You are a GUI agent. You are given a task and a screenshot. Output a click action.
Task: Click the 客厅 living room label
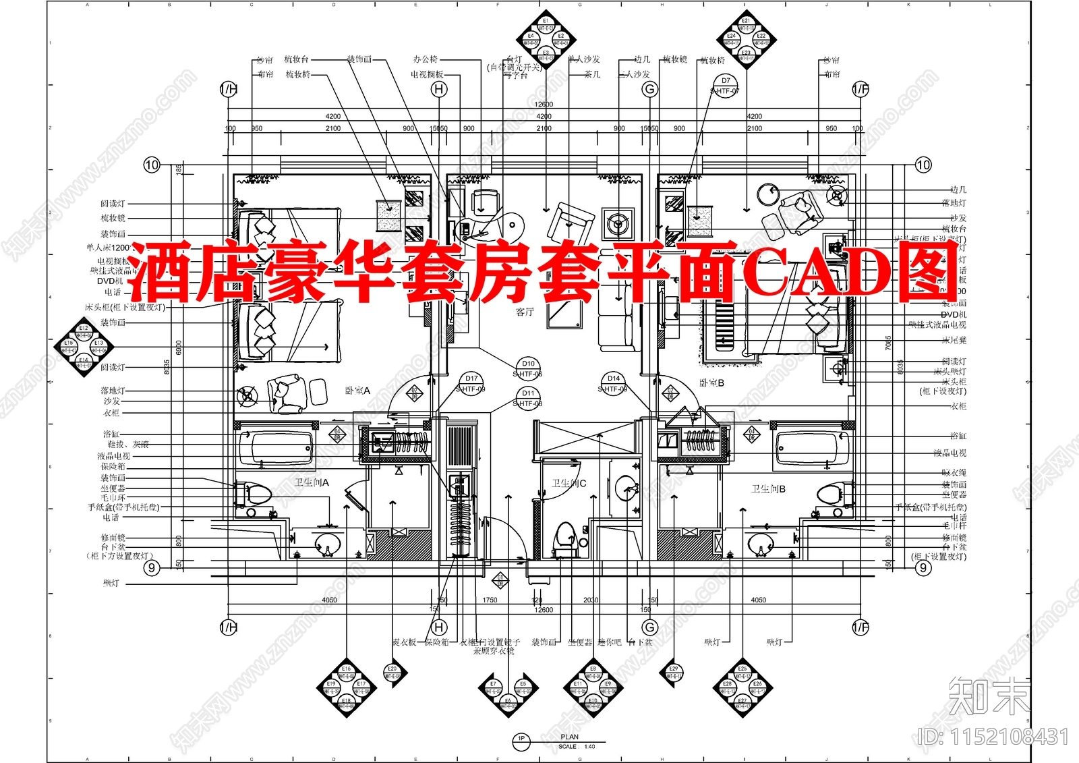tap(525, 312)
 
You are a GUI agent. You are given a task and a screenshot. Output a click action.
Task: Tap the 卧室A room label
tap(357, 391)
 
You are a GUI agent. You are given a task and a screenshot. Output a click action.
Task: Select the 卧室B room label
tap(711, 383)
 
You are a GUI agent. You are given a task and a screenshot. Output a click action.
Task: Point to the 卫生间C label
tap(569, 483)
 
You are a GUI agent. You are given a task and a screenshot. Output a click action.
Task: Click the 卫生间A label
tap(312, 482)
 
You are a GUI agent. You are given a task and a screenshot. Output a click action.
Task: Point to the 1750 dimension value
tap(490, 600)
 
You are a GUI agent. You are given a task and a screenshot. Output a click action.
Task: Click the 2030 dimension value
tap(591, 600)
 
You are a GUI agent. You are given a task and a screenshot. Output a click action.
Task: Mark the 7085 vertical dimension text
tap(889, 343)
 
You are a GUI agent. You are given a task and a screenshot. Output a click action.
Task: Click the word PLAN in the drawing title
tap(569, 737)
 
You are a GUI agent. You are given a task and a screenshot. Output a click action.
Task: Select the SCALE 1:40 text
tap(577, 747)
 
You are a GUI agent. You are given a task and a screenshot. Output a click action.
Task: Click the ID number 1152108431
tap(993, 737)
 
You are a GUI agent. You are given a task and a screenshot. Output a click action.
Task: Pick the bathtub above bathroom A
tap(275, 446)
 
